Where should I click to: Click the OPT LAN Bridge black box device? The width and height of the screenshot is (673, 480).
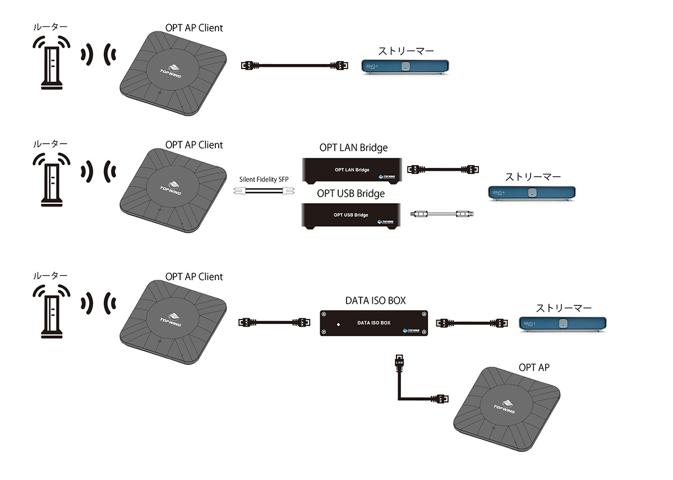352,170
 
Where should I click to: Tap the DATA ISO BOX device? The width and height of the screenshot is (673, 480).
374,323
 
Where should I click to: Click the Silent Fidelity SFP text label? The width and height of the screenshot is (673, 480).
263,179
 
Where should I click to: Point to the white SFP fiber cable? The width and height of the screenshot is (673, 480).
263,192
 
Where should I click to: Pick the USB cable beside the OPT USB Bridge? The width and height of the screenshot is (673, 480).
443,214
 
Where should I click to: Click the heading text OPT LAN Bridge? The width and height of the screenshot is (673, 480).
352,148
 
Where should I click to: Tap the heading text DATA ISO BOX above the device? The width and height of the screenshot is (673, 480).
375,300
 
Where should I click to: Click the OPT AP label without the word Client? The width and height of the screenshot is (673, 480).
534,368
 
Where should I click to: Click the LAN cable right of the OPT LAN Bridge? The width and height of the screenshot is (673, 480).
444,168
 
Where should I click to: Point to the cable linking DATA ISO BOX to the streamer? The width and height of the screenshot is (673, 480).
472,322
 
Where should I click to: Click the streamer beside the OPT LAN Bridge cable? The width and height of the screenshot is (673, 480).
532,193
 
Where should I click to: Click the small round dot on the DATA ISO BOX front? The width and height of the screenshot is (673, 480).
338,324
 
